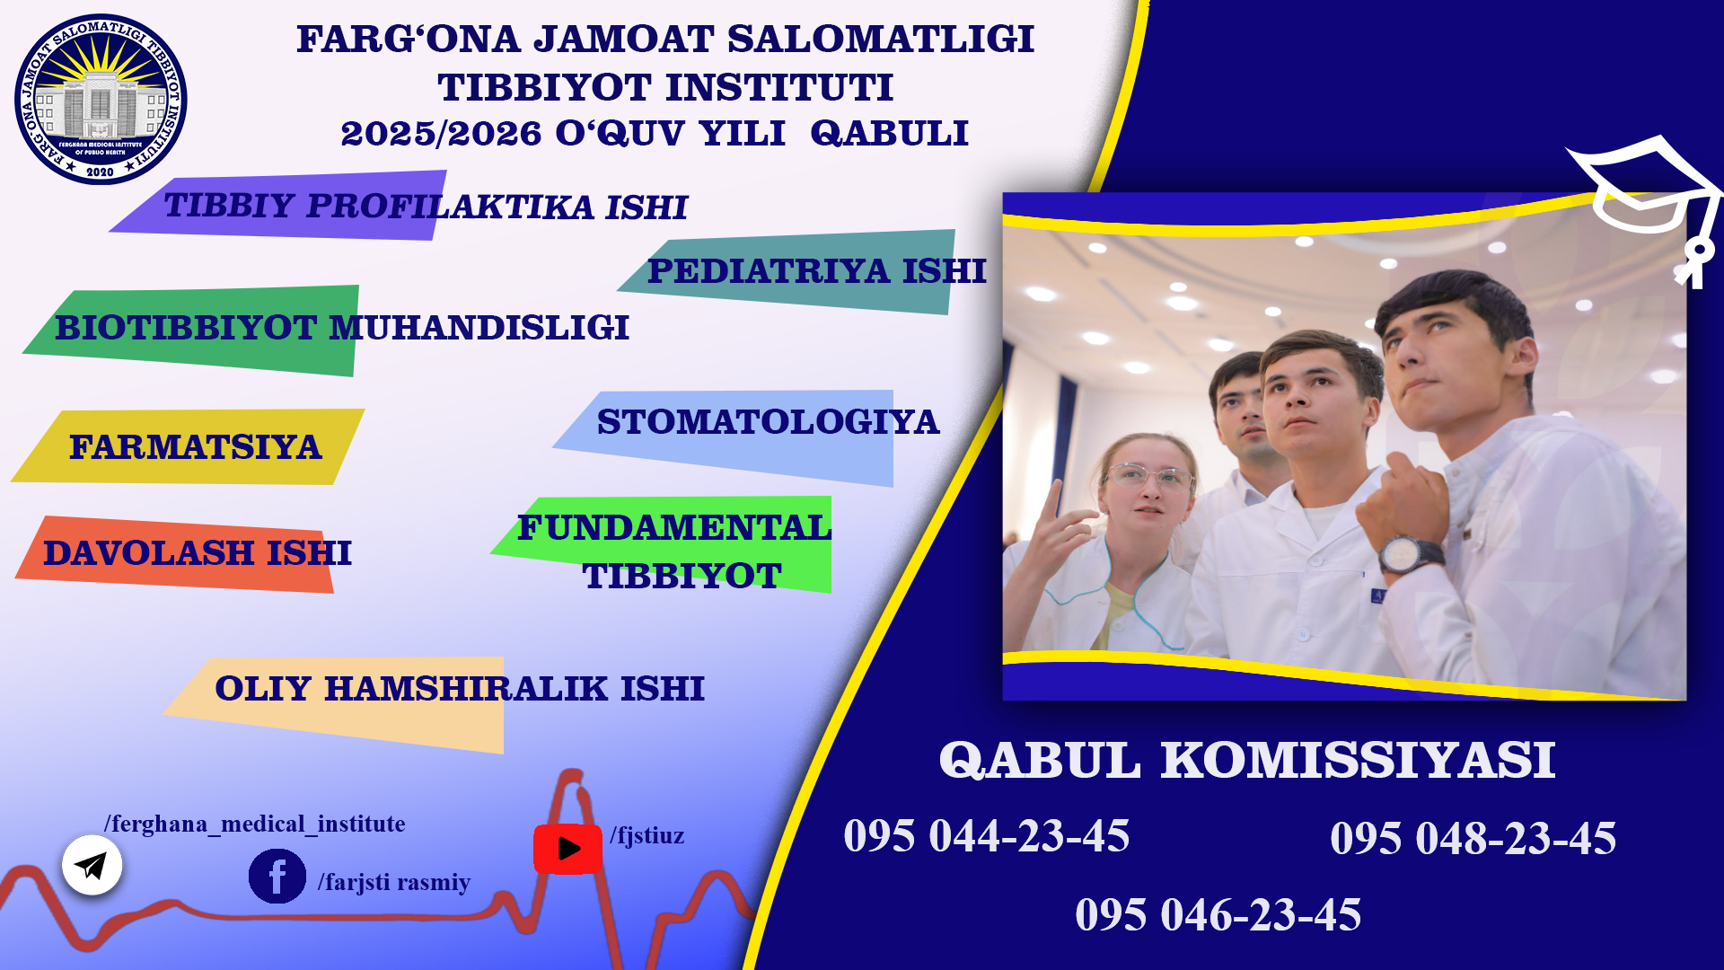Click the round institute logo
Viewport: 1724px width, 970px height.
[x=101, y=99]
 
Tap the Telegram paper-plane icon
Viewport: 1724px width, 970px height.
[x=92, y=865]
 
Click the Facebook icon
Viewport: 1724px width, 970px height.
[x=277, y=876]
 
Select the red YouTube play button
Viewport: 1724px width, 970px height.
[x=567, y=849]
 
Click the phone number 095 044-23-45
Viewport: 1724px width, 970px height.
[x=986, y=836]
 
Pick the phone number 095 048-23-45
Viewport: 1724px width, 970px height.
[x=1473, y=839]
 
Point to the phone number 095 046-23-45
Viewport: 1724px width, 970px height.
[x=1218, y=915]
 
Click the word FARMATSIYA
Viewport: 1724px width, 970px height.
[x=195, y=447]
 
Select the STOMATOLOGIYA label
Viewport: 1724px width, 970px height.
[x=768, y=422]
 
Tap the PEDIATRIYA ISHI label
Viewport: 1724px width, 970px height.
[x=816, y=271]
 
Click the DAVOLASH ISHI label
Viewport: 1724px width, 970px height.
[x=198, y=553]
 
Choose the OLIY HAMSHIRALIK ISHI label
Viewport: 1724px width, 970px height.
[x=460, y=689]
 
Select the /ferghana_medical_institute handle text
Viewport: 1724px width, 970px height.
[x=254, y=824]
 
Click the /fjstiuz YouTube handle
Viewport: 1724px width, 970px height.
[x=646, y=836]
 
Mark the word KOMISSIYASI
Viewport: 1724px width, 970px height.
[x=1358, y=760]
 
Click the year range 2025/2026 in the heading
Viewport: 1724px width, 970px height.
[x=441, y=134]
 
